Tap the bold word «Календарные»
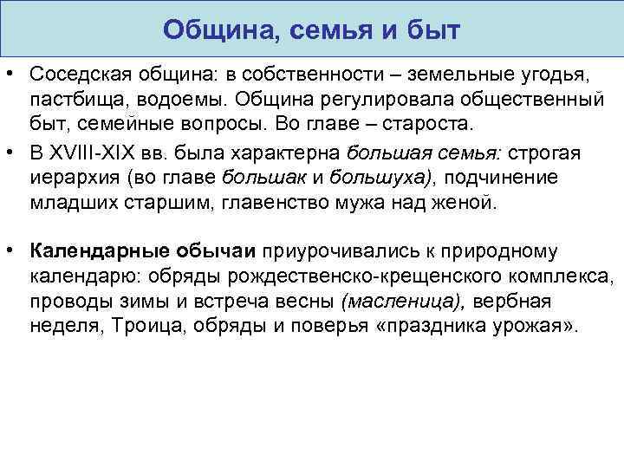coord(93,251)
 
